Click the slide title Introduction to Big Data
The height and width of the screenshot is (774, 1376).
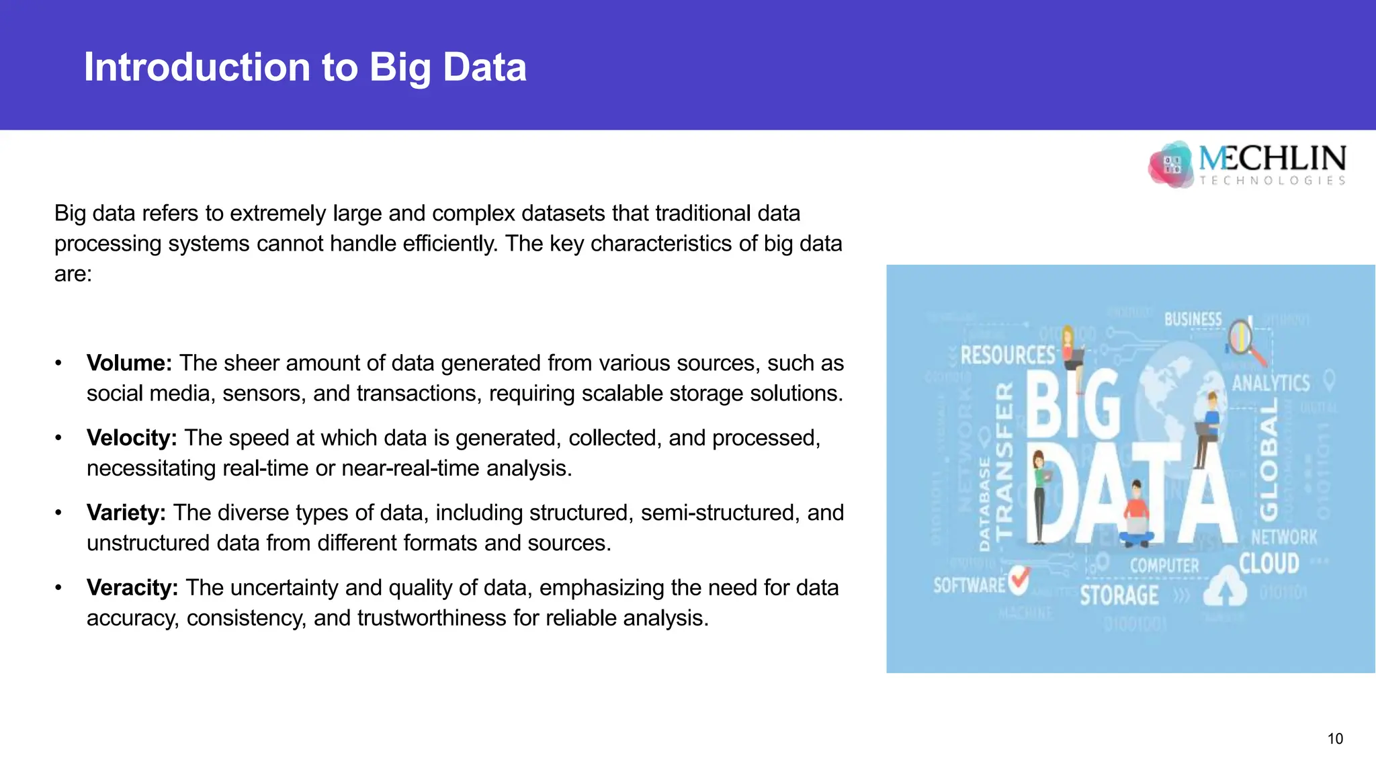(x=305, y=67)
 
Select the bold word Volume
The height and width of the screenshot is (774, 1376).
(x=129, y=363)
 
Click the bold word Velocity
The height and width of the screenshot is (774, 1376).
(x=132, y=438)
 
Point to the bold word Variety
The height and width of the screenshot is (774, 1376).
(x=126, y=513)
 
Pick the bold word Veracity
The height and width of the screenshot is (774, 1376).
(x=132, y=588)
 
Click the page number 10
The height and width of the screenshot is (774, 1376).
(x=1335, y=739)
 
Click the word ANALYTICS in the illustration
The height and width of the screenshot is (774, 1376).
(x=1271, y=383)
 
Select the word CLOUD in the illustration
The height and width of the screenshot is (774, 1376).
(x=1269, y=563)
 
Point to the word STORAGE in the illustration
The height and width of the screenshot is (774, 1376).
(x=1119, y=595)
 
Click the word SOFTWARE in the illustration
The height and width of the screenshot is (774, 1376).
(x=969, y=585)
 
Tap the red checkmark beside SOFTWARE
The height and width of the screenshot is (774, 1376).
(x=1019, y=579)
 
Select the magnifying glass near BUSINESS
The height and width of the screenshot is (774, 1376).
(x=1243, y=339)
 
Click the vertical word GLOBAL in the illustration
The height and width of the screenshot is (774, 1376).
(x=1268, y=460)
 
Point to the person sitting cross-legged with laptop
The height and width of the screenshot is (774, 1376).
(x=1135, y=517)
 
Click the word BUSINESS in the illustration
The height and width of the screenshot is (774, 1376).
(x=1193, y=319)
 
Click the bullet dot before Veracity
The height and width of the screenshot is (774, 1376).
(x=58, y=588)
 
